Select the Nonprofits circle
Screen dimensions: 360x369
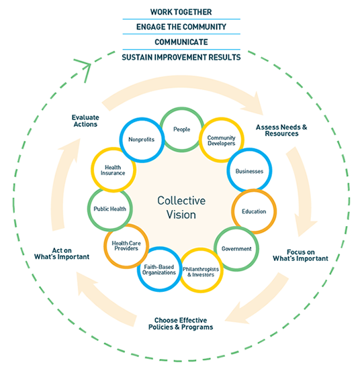pos(142,119)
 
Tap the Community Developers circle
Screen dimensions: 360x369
pos(222,119)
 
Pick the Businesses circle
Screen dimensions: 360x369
pos(249,150)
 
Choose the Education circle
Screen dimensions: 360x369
pos(254,191)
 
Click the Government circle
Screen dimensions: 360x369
pos(236,228)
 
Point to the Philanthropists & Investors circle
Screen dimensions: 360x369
pos(201,250)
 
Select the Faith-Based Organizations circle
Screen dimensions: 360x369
pos(159,248)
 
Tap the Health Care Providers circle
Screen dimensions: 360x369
pos(126,225)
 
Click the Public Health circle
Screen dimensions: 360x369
pos(109,189)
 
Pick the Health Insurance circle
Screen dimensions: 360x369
pos(114,149)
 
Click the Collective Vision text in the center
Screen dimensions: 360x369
pos(181,207)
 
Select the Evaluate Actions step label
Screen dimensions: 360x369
pos(85,121)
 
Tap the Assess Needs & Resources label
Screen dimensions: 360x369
pos(281,130)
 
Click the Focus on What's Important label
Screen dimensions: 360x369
pos(300,256)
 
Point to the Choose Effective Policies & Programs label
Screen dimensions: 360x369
pos(181,323)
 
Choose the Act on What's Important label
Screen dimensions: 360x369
pos(62,254)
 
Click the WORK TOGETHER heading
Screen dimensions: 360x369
pos(181,12)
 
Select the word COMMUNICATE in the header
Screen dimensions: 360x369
pos(181,42)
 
